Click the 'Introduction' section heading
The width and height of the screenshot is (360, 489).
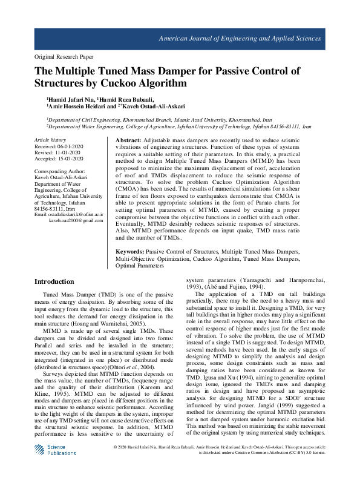tap(54, 281)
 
